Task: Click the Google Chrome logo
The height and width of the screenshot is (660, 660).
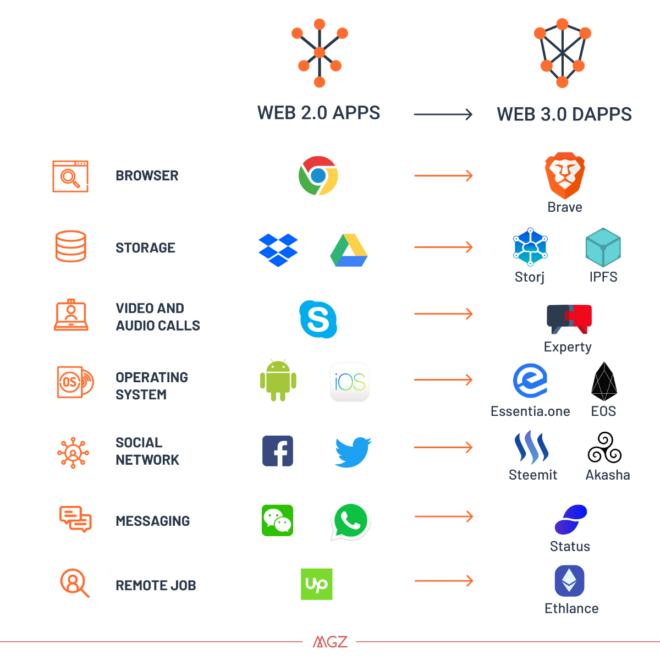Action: point(318,175)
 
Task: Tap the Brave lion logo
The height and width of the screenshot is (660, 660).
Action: point(565,175)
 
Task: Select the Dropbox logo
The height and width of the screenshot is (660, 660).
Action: point(278,250)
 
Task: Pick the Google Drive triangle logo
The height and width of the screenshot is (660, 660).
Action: point(349,250)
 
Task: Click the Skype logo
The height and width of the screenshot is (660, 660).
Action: point(318,319)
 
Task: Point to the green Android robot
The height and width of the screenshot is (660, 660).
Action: point(278,380)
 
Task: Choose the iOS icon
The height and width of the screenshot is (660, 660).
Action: point(350,382)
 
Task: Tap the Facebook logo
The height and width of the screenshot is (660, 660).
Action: point(278,451)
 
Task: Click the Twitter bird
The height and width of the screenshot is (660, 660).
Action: point(353,452)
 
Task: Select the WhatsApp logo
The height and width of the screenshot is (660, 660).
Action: point(350,521)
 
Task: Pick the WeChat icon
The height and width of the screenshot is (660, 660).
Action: point(277,520)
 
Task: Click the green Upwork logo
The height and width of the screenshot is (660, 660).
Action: point(316,584)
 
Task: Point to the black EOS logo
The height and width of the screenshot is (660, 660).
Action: point(604,381)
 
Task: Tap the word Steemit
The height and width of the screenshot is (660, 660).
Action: point(533,475)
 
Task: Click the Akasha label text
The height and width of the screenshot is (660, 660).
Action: point(608,475)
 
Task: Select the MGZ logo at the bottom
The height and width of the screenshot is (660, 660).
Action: point(330,642)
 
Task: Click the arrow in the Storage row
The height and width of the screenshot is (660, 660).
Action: point(443,247)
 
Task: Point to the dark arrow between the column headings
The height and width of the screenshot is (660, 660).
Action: point(443,114)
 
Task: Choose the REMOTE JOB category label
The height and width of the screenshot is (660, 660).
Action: point(156,585)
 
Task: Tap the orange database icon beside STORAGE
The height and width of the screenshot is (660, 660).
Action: point(71,246)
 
